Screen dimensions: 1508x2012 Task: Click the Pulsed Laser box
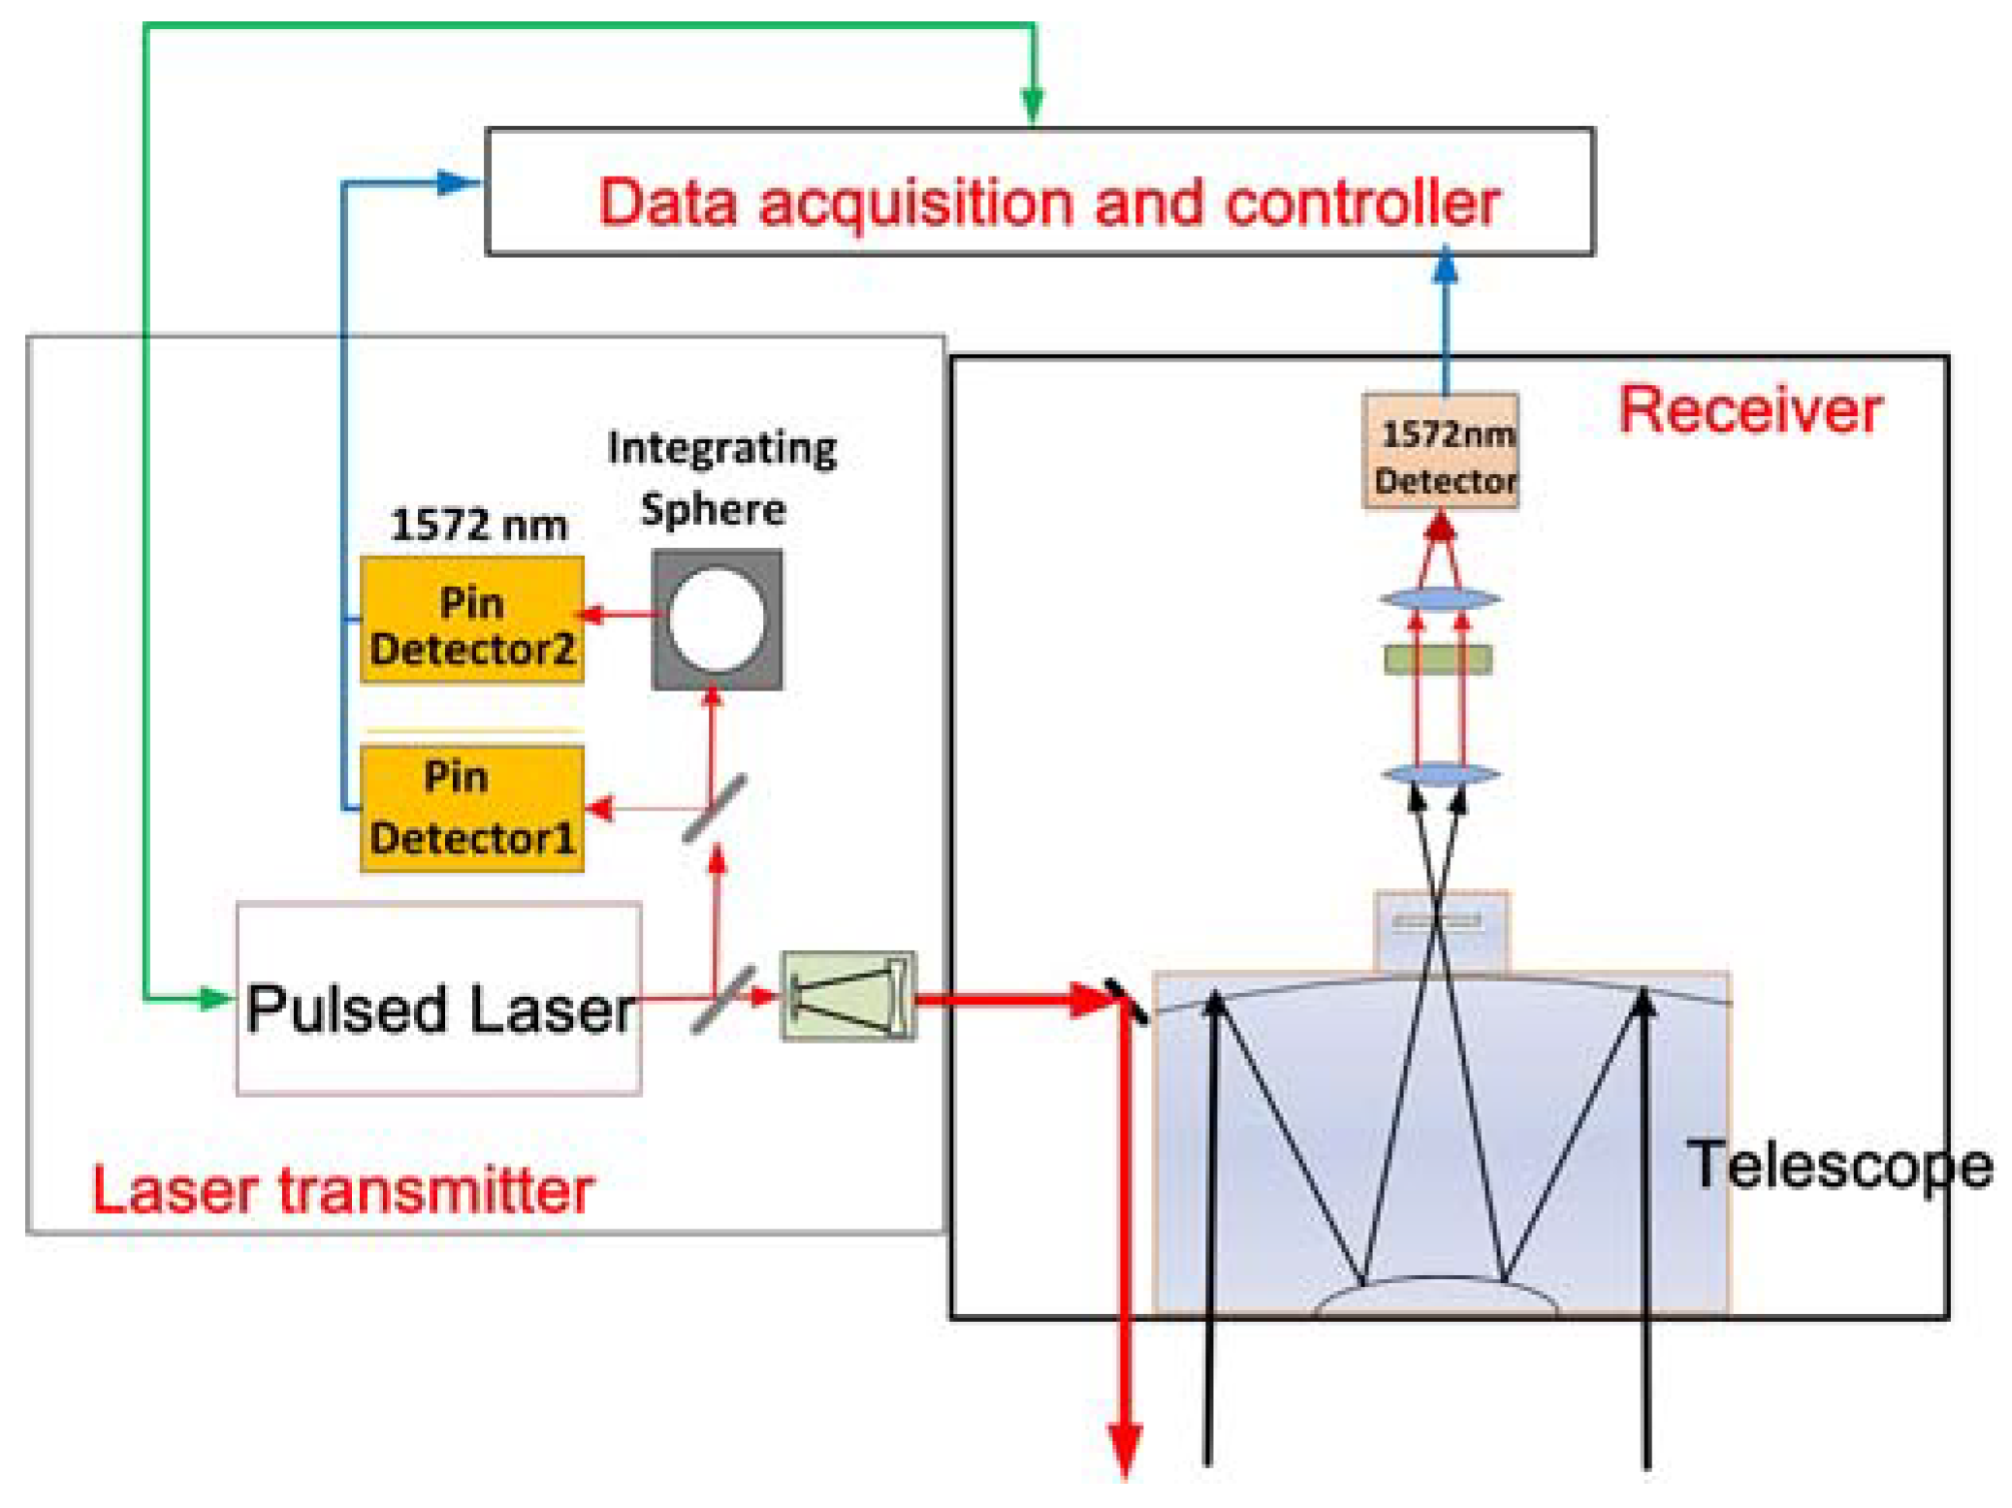click(x=438, y=999)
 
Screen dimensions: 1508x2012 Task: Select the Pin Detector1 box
click(x=471, y=808)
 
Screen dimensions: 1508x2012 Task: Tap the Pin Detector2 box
click(x=471, y=621)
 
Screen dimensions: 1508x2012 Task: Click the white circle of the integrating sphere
click(x=717, y=620)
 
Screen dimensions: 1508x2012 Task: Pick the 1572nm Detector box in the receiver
click(x=1440, y=452)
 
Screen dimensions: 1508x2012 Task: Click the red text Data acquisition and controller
click(x=1048, y=203)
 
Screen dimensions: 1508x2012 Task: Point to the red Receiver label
click(x=1750, y=410)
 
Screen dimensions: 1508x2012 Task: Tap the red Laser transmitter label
click(x=342, y=1190)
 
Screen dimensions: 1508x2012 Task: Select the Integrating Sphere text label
click(x=720, y=478)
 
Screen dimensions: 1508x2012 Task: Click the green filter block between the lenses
click(x=1438, y=659)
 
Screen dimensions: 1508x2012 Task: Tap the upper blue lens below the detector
click(x=1440, y=599)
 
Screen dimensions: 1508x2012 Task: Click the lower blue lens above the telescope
click(x=1440, y=774)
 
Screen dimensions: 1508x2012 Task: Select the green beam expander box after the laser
click(x=848, y=996)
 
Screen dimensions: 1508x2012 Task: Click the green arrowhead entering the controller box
click(x=1033, y=105)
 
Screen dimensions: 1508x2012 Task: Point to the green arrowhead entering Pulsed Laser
click(x=214, y=998)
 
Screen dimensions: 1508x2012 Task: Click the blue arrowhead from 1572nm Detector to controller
click(x=1445, y=266)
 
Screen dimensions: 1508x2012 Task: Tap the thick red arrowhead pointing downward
click(x=1125, y=1449)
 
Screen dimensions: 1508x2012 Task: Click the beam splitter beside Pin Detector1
click(x=715, y=808)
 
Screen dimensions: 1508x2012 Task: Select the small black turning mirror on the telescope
click(x=1127, y=1002)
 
